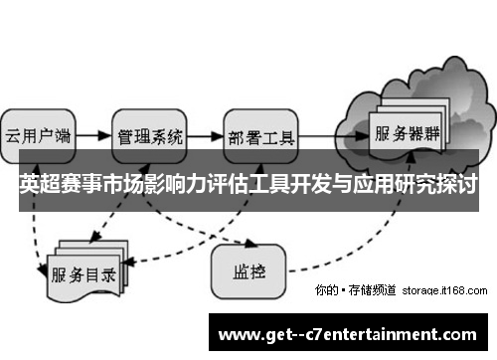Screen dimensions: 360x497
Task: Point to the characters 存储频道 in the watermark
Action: pos(373,290)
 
